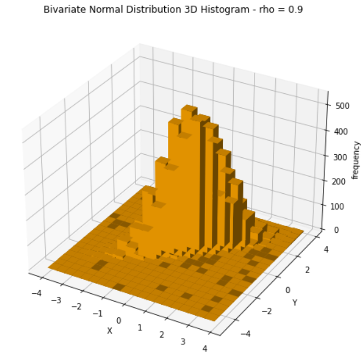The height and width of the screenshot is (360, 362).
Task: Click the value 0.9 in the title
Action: [297, 9]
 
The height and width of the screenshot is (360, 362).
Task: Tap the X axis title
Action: [110, 331]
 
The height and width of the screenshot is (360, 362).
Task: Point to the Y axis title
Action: [295, 303]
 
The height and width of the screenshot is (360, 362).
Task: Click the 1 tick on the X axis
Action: [140, 327]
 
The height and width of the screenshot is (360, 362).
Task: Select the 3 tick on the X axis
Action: [183, 341]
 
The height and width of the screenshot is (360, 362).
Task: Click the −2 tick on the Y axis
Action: [267, 312]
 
